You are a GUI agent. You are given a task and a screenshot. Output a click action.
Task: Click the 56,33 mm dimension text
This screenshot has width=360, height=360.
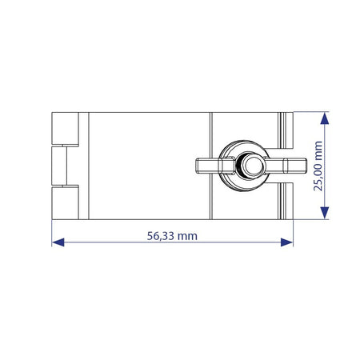[172, 236]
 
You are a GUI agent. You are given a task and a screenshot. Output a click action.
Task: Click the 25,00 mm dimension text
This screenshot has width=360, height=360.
[318, 166]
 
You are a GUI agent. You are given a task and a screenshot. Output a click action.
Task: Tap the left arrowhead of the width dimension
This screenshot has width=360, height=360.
[58, 242]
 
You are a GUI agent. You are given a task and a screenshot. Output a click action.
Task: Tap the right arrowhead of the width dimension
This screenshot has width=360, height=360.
[287, 242]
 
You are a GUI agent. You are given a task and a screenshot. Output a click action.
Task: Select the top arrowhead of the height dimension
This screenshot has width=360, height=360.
[324, 118]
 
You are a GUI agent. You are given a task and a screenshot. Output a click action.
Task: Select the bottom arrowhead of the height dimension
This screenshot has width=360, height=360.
[324, 213]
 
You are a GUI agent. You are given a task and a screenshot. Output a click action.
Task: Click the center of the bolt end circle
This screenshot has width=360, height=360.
[254, 166]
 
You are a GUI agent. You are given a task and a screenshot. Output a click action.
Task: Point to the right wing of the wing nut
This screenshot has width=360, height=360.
[286, 166]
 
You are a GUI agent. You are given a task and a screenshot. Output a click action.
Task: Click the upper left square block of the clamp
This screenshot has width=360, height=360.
[65, 128]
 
